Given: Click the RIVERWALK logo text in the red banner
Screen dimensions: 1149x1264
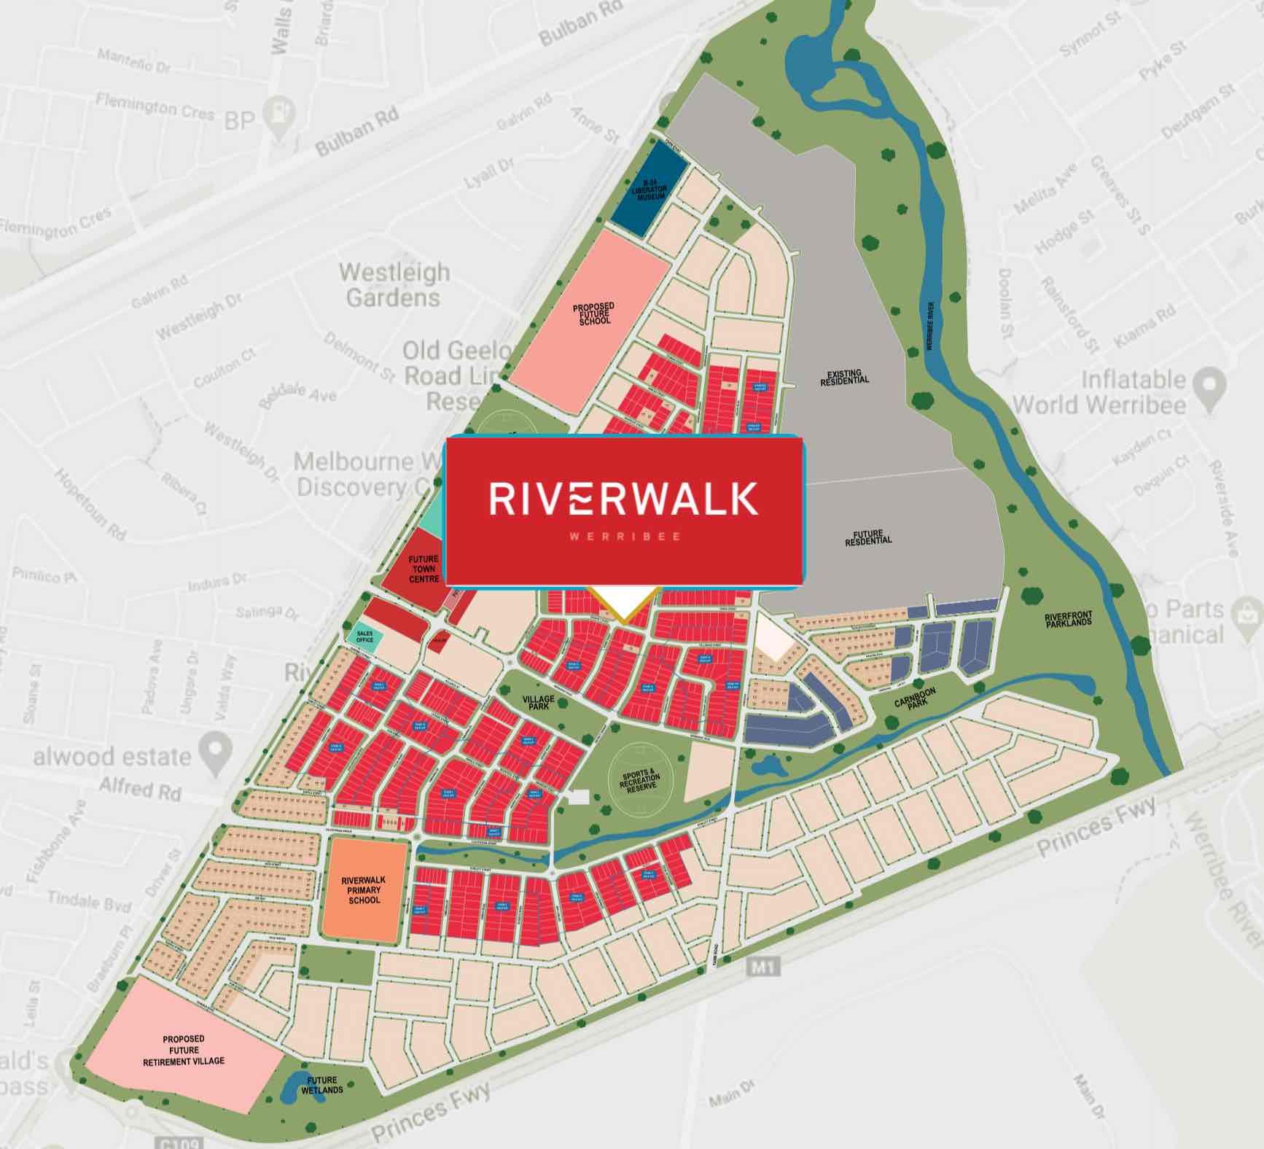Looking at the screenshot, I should pyautogui.click(x=623, y=499).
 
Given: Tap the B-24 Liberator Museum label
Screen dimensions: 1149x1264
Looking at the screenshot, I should pyautogui.click(x=649, y=190).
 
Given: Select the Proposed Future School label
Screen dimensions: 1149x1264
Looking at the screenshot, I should pyautogui.click(x=593, y=314).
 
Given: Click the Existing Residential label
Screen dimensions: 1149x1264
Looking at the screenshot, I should pyautogui.click(x=844, y=377).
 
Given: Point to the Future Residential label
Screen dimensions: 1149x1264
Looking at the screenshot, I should pyautogui.click(x=868, y=537).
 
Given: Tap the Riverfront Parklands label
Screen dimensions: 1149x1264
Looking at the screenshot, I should pyautogui.click(x=1068, y=620).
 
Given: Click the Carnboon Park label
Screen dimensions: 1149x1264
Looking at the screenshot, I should pyautogui.click(x=915, y=698).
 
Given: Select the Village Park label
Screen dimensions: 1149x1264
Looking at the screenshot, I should pyautogui.click(x=538, y=702).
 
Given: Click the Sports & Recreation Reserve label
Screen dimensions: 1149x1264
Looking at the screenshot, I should pyautogui.click(x=639, y=781).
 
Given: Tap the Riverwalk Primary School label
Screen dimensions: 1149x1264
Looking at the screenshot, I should pyautogui.click(x=364, y=890).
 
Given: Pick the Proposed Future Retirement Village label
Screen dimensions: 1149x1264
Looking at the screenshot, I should pyautogui.click(x=184, y=1050).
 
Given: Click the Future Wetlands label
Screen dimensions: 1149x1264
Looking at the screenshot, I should pyautogui.click(x=321, y=1085).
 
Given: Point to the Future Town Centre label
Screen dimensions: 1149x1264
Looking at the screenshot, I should pyautogui.click(x=424, y=569).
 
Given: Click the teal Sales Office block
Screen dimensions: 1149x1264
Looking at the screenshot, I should pyautogui.click(x=364, y=637).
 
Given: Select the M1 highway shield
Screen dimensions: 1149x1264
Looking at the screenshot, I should pyautogui.click(x=763, y=967).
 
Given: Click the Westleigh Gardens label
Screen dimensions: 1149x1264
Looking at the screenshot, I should pyautogui.click(x=394, y=285).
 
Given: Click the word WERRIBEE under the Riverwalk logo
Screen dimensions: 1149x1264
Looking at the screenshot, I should pyautogui.click(x=625, y=537).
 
